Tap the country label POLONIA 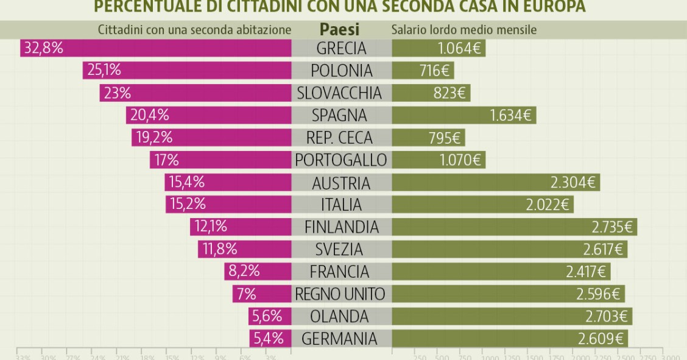(x=341, y=71)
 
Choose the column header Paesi (x=339, y=29)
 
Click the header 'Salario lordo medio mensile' (x=463, y=30)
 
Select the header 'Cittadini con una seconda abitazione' (x=195, y=30)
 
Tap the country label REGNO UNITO (x=340, y=294)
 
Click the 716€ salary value (x=434, y=71)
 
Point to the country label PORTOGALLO (x=340, y=160)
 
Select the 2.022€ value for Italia (x=547, y=205)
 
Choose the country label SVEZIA (x=339, y=249)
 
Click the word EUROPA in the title (x=554, y=7)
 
